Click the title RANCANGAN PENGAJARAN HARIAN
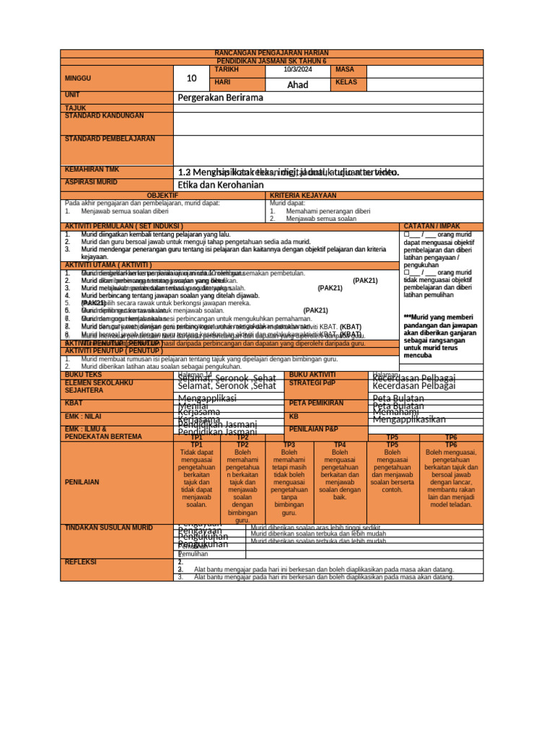(272, 53)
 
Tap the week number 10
(191, 78)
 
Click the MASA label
(345, 69)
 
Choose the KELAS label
(347, 83)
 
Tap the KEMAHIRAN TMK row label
(92, 169)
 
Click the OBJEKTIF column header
(162, 196)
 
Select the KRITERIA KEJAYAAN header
(303, 196)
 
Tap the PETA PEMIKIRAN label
(316, 403)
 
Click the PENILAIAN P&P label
(314, 429)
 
